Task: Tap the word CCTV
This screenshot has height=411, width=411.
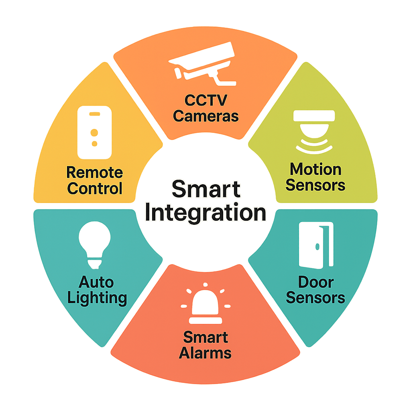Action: coord(205,100)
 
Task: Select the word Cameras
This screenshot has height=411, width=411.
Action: coord(205,116)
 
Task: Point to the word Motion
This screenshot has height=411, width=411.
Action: coord(315,169)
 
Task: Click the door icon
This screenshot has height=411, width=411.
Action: coord(316,245)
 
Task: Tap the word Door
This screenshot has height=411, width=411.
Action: coord(315,282)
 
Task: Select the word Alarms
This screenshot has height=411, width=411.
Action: coord(205,353)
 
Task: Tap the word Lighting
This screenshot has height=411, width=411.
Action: coord(97,298)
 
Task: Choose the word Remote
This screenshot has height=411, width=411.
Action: coord(94,173)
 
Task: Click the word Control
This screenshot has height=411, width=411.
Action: coord(94,188)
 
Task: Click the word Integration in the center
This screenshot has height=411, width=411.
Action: coord(205,213)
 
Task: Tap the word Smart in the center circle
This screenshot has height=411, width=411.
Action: coord(205,189)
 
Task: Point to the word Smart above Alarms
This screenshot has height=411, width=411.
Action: coord(205,337)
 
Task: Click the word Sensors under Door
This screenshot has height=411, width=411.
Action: coord(315,298)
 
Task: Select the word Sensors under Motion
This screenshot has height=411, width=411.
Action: coord(315,185)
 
